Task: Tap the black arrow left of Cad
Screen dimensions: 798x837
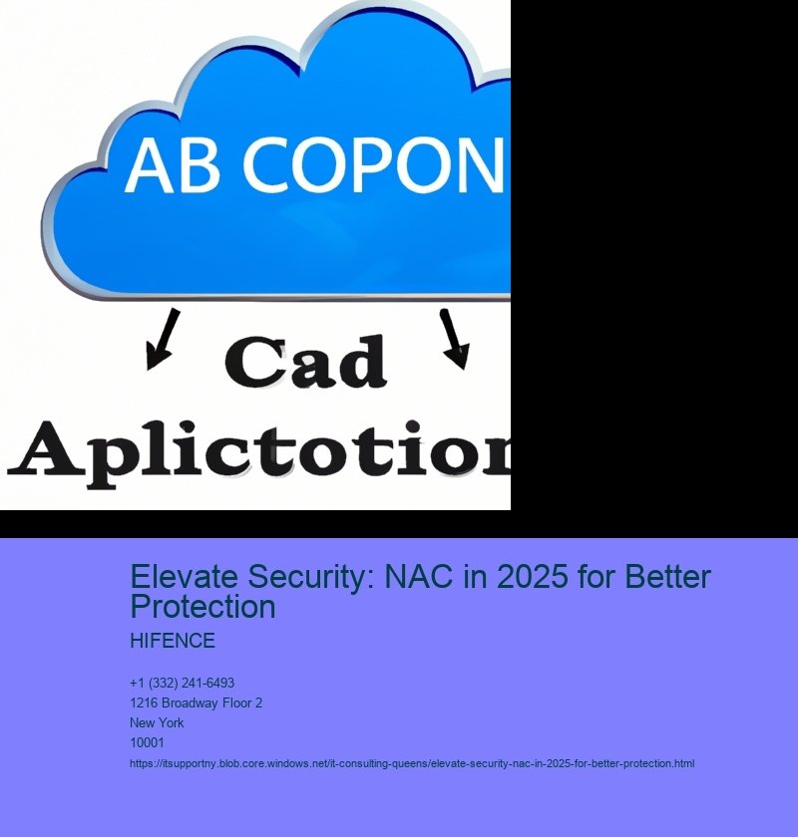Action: point(163,339)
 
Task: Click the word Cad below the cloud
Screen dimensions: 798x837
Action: point(306,362)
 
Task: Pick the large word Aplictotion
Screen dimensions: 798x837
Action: point(259,452)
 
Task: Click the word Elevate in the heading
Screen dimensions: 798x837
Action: point(184,577)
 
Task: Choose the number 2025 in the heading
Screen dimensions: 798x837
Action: point(532,577)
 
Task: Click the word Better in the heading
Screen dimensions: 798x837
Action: point(667,577)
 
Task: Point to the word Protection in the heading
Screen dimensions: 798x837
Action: point(203,607)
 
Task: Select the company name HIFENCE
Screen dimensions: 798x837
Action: point(173,641)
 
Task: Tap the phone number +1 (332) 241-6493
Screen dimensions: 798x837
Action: point(182,683)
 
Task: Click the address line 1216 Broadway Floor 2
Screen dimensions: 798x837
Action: point(197,702)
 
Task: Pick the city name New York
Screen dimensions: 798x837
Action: point(157,722)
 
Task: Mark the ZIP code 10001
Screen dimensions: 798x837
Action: point(147,742)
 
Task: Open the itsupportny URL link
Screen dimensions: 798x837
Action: point(412,763)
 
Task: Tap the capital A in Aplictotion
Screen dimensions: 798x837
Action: point(47,447)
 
